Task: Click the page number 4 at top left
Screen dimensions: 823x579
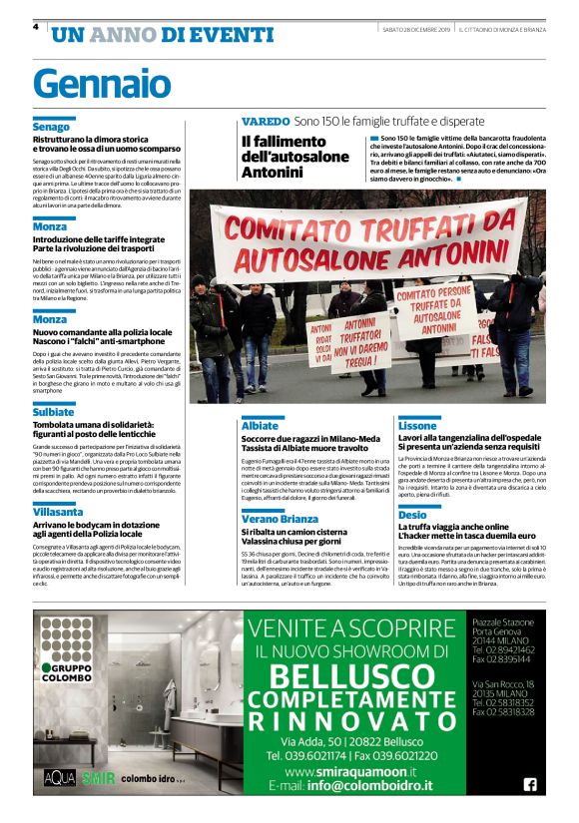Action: coord(36,27)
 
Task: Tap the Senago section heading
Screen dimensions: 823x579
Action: coord(51,128)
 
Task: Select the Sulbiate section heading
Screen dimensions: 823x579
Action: coord(53,411)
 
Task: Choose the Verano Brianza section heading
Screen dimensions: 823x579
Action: coord(280,519)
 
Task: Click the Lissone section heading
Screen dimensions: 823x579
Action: coord(417,425)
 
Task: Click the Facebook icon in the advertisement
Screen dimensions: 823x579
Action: coord(529,784)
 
